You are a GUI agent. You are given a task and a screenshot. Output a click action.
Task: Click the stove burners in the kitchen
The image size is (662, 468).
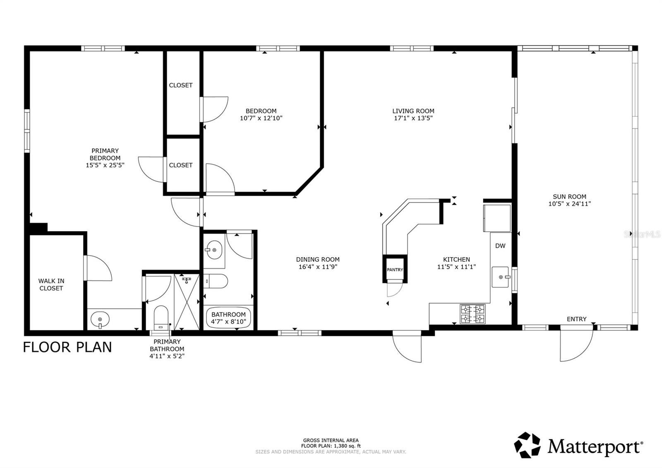[473, 314]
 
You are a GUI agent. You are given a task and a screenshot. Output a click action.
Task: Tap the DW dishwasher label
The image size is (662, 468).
[500, 246]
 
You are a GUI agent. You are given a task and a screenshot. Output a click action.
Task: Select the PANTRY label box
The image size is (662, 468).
[395, 270]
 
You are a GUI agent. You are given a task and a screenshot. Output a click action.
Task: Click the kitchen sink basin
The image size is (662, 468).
[501, 277]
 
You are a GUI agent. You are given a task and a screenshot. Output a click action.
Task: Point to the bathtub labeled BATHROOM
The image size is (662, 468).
[228, 318]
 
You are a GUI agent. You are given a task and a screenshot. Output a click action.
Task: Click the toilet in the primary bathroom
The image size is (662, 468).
[161, 318]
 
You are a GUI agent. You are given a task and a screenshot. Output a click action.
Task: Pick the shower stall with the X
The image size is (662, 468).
[186, 302]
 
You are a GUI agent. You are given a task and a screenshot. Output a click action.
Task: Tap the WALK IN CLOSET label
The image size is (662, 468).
[51, 285]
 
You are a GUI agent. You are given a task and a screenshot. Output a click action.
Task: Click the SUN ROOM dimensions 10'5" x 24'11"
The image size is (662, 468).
[569, 204]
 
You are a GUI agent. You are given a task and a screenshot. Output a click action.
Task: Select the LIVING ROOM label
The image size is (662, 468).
[413, 111]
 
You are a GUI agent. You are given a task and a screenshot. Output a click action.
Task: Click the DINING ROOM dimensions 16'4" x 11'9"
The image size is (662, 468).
[318, 267]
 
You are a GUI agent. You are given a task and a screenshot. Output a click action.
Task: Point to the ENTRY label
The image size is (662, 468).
[576, 319]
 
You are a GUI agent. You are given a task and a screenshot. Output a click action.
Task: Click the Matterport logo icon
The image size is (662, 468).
[527, 445]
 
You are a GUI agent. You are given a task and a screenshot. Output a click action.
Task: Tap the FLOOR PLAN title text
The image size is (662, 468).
[67, 347]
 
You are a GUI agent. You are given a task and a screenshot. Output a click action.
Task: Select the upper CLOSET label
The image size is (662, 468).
[181, 85]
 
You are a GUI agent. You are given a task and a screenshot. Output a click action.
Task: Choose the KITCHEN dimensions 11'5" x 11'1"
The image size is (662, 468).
[456, 267]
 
